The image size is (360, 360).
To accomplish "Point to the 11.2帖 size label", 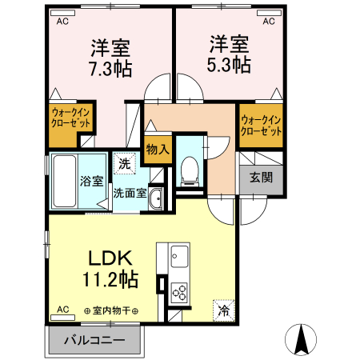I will point(110,280).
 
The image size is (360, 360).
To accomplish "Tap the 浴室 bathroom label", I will point(90,181).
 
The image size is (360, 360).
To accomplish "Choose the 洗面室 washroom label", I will point(128,193).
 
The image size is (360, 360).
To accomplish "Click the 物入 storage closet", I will point(158,149).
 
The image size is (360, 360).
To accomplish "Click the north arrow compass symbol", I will point(302,340).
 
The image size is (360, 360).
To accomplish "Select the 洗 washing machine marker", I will point(124,163).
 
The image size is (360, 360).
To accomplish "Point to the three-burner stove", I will point(178,292).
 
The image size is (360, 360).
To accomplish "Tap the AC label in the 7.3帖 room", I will point(62,22).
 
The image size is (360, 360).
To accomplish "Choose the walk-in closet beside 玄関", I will point(261,125).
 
